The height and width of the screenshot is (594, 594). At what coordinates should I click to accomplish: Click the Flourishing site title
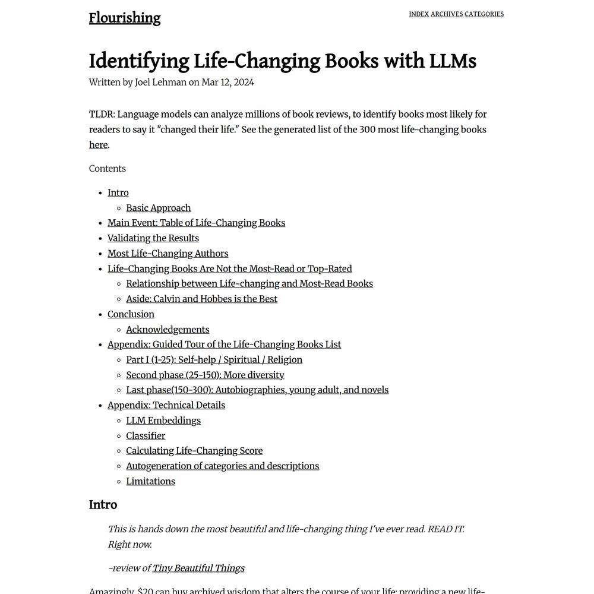(x=125, y=18)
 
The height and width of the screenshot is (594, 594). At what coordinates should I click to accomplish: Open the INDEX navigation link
(x=419, y=14)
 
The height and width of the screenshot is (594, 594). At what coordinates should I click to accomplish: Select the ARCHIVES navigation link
(x=447, y=14)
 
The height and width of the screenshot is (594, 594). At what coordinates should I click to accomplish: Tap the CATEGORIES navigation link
(x=484, y=14)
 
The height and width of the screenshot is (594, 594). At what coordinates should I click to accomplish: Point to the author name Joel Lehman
(x=160, y=83)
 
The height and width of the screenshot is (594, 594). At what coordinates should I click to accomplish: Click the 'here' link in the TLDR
(x=98, y=145)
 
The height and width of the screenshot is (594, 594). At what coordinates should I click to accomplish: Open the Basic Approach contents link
(x=158, y=208)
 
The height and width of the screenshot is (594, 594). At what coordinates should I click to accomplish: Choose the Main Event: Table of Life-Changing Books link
(x=196, y=223)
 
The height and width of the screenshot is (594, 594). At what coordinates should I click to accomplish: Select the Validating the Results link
(x=153, y=238)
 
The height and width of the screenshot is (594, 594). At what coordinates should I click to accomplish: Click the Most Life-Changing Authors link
(x=168, y=254)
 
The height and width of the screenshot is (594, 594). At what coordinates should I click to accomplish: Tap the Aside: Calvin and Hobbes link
(x=201, y=299)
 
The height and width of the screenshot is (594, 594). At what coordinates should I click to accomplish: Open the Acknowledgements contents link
(x=168, y=330)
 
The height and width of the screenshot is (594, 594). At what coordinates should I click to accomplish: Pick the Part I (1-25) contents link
(x=214, y=360)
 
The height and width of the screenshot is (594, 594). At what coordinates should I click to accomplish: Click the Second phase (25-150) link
(x=205, y=375)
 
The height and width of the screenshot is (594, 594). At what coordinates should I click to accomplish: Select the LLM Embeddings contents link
(x=163, y=421)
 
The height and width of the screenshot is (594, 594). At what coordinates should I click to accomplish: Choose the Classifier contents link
(x=146, y=436)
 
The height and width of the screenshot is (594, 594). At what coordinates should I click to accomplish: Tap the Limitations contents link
(x=150, y=481)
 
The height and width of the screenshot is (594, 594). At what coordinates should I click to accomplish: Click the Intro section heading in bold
(x=103, y=505)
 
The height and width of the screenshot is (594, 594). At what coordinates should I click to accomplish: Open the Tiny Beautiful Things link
(x=198, y=568)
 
